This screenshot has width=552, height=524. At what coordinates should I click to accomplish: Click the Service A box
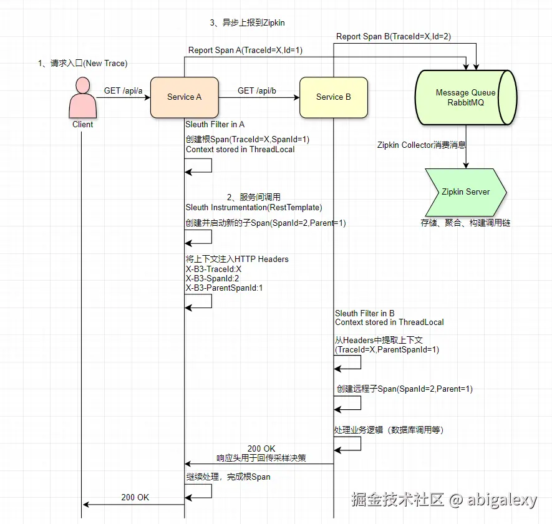pyautogui.click(x=184, y=97)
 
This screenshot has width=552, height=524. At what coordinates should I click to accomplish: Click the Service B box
pyautogui.click(x=333, y=97)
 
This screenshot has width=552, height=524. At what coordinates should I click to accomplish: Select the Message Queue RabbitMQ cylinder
pyautogui.click(x=466, y=97)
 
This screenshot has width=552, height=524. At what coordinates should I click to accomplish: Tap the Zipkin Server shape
pyautogui.click(x=465, y=192)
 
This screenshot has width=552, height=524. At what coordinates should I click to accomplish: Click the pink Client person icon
pyautogui.click(x=82, y=97)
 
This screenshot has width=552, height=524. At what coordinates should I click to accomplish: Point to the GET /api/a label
pyautogui.click(x=123, y=90)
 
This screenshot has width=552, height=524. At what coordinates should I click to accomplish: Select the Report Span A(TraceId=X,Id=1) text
pyautogui.click(x=246, y=50)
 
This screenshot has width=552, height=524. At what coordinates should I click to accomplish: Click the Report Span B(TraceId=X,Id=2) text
pyautogui.click(x=394, y=37)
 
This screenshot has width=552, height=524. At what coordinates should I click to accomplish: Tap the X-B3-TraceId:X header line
pyautogui.click(x=213, y=269)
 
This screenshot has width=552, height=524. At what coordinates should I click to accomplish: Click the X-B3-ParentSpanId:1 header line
pyautogui.click(x=224, y=288)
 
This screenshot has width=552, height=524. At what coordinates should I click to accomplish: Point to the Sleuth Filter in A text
pyautogui.click(x=215, y=124)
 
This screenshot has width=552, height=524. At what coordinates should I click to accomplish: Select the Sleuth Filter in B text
pyautogui.click(x=365, y=313)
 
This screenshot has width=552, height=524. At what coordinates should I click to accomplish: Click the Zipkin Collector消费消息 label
pyautogui.click(x=422, y=145)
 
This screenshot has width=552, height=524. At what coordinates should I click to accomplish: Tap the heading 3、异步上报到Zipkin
pyautogui.click(x=248, y=22)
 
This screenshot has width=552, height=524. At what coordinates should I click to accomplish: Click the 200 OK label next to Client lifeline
pyautogui.click(x=135, y=497)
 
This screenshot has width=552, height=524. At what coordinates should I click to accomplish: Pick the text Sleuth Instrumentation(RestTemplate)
pyautogui.click(x=254, y=207)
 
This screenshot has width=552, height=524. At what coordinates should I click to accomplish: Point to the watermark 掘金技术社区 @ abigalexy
pyautogui.click(x=443, y=500)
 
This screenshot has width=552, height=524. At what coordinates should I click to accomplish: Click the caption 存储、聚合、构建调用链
pyautogui.click(x=465, y=222)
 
